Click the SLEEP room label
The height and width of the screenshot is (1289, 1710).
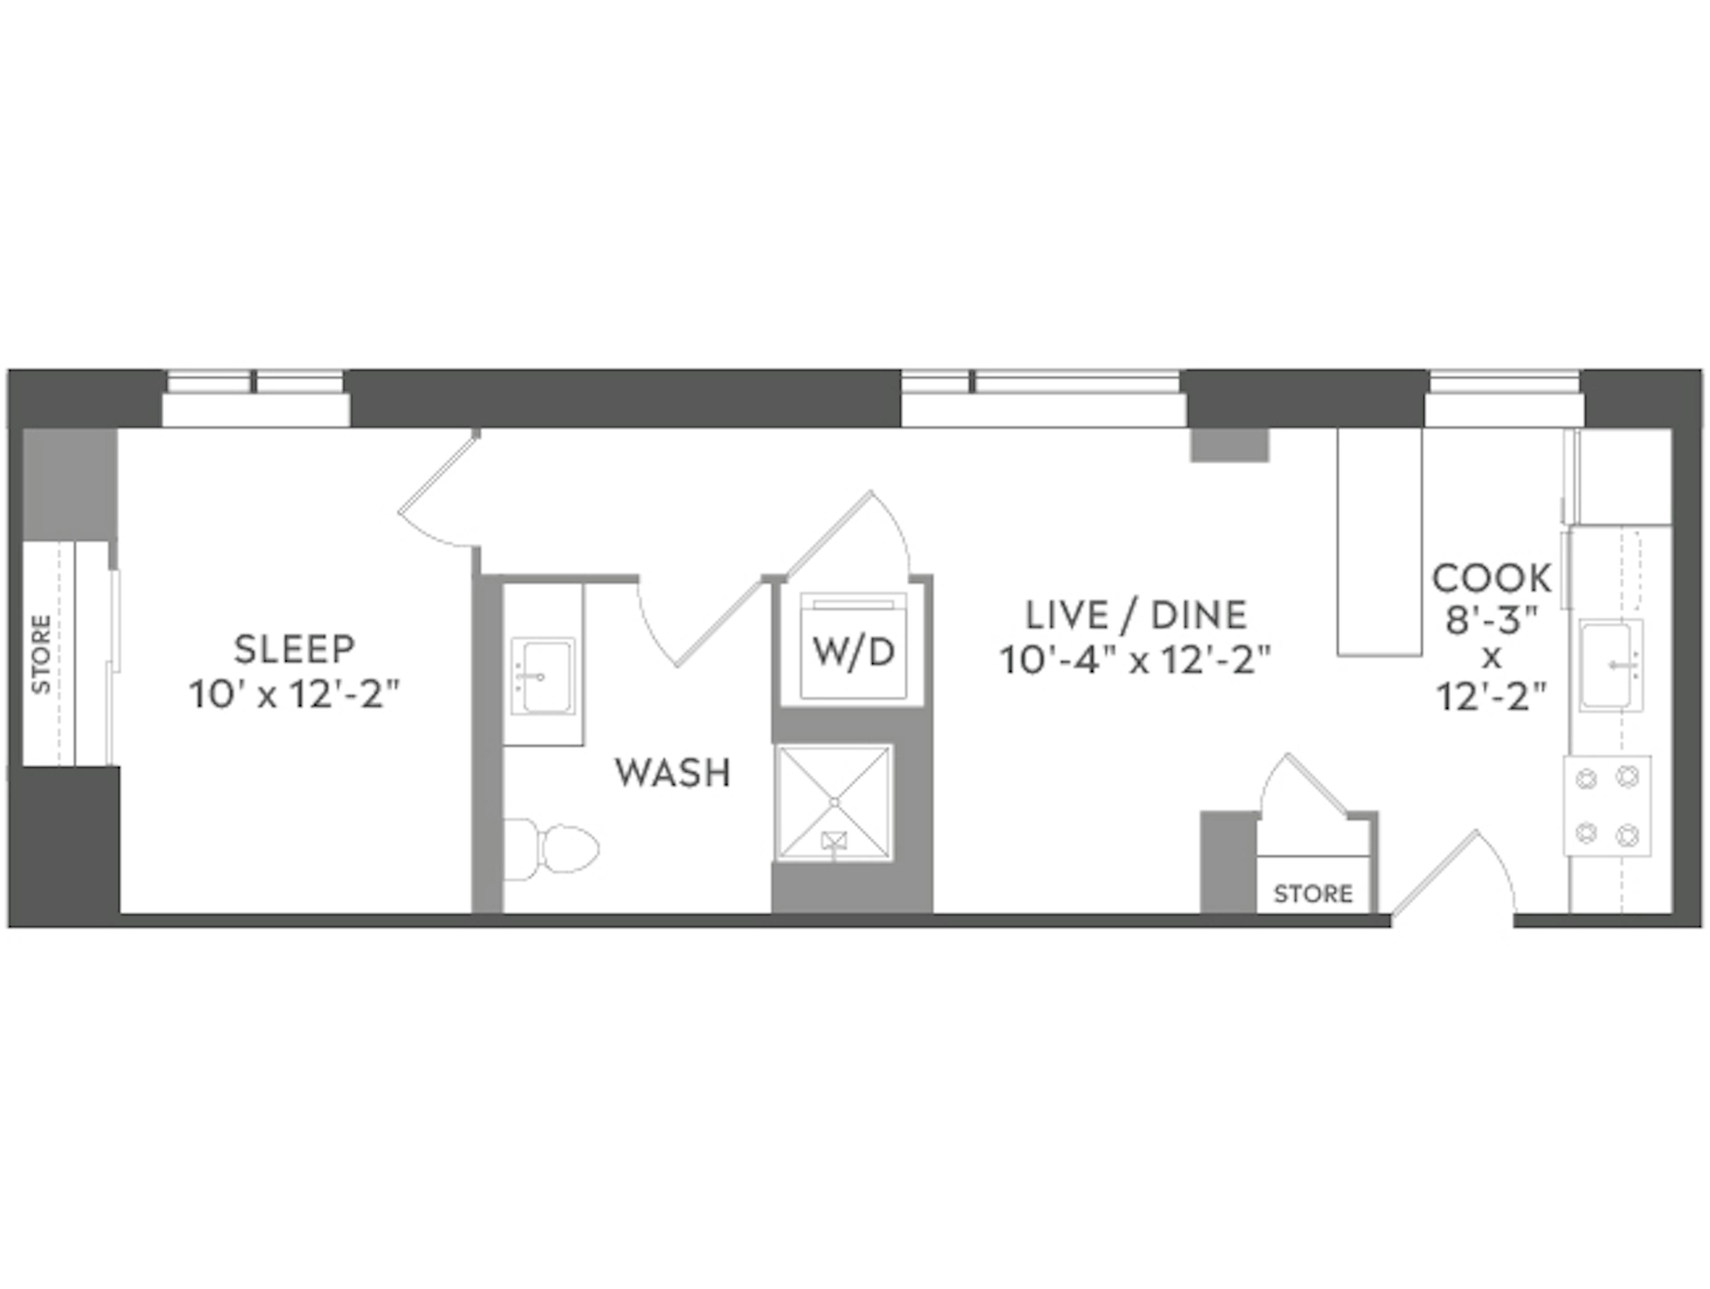click(x=294, y=649)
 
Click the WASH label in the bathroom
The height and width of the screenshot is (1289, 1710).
click(x=672, y=773)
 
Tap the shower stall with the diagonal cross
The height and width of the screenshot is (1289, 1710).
click(x=834, y=803)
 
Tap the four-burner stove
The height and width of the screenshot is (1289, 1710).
click(x=1607, y=806)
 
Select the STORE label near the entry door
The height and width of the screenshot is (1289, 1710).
click(x=1313, y=894)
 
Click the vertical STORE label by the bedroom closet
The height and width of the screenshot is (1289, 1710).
click(x=41, y=654)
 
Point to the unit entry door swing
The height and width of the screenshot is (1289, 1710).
click(x=1453, y=873)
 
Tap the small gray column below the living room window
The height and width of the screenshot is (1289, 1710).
click(x=1229, y=445)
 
